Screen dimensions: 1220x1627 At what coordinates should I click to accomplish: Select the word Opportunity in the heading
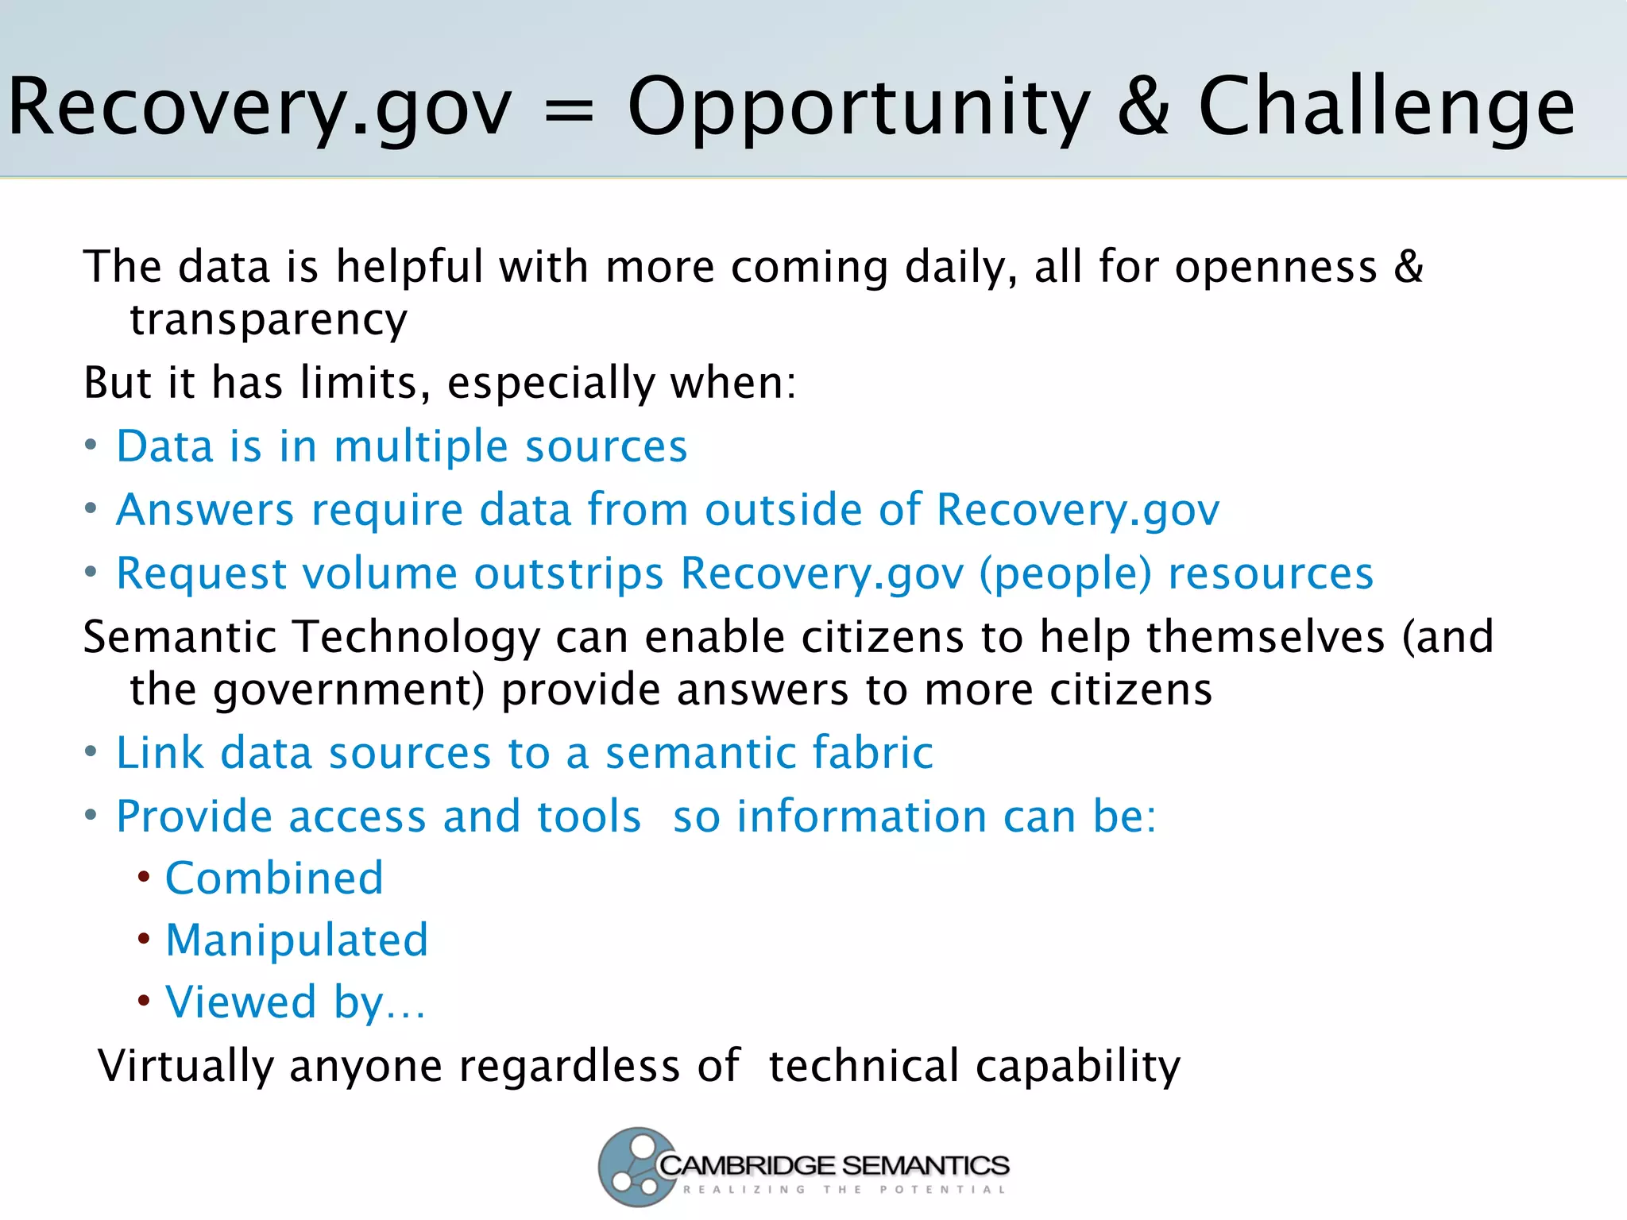point(858,110)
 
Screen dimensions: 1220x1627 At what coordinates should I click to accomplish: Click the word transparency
point(269,320)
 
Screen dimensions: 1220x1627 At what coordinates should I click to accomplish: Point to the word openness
point(1276,267)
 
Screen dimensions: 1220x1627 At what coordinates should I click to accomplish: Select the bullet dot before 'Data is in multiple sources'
point(91,445)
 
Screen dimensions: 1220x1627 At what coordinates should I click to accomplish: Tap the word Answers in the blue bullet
point(205,509)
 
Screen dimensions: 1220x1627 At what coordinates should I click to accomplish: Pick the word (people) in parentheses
point(1065,573)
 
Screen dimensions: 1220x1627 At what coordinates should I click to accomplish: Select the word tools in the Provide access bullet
point(589,817)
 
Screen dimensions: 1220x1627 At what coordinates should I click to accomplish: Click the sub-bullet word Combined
point(274,878)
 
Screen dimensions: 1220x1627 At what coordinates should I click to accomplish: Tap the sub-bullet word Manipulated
point(296,940)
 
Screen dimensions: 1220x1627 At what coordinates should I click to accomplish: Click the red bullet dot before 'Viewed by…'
point(144,1001)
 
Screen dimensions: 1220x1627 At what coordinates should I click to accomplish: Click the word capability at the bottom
point(1077,1066)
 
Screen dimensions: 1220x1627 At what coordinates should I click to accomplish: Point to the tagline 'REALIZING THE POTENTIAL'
point(844,1190)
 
